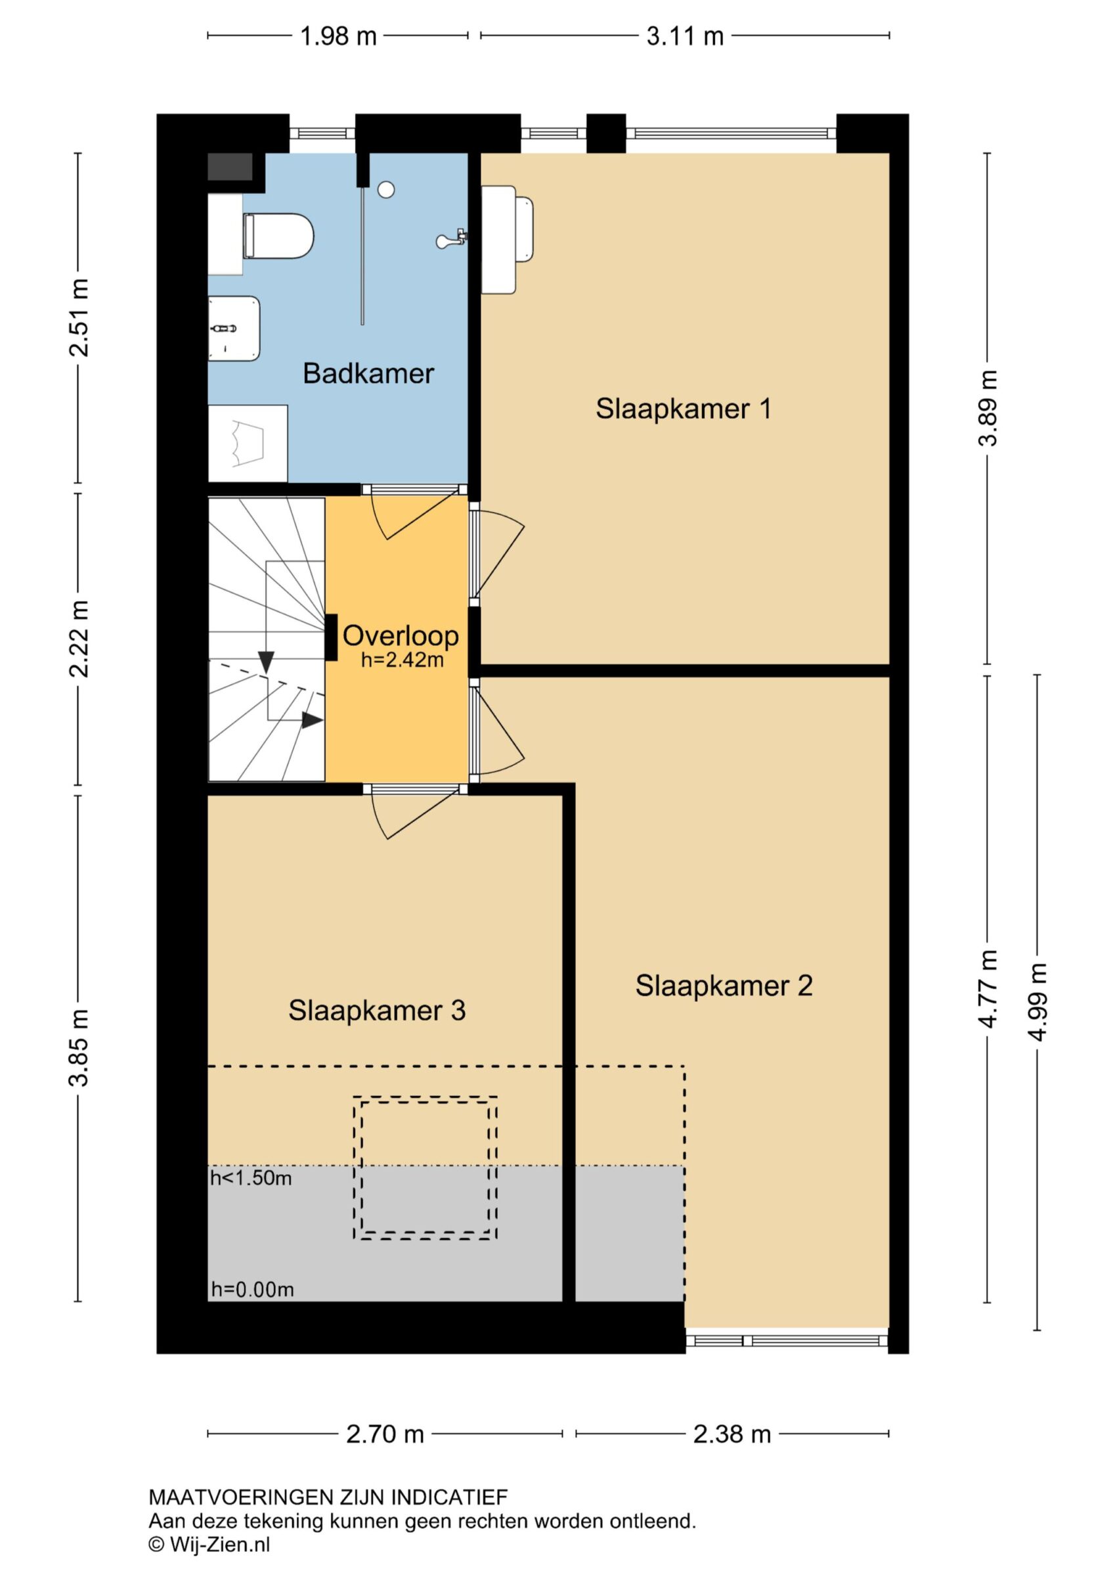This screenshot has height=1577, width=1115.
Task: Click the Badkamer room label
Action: [368, 374]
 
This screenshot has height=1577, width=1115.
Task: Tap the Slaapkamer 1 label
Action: [683, 409]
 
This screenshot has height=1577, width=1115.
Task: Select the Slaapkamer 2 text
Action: [724, 986]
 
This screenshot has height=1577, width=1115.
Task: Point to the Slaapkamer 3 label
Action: [377, 1011]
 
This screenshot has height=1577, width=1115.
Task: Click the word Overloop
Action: [401, 636]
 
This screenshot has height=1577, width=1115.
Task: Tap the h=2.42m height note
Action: [403, 660]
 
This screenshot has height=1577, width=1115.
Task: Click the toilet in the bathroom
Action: [278, 236]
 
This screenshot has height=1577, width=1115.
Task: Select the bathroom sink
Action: [234, 329]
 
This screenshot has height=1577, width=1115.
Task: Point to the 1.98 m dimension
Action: [338, 35]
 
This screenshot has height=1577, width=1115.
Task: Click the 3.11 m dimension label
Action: [685, 35]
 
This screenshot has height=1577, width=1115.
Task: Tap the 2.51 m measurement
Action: [78, 317]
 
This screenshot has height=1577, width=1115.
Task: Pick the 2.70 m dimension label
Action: [385, 1434]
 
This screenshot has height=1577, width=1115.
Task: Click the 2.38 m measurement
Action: [732, 1434]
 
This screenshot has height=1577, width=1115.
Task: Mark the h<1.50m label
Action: [251, 1179]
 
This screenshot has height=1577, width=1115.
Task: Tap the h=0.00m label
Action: [253, 1290]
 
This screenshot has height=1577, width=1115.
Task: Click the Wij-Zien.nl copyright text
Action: [209, 1545]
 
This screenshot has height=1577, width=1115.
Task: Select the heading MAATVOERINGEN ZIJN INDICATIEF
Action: [328, 1497]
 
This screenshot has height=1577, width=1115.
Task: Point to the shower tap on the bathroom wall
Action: [452, 240]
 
